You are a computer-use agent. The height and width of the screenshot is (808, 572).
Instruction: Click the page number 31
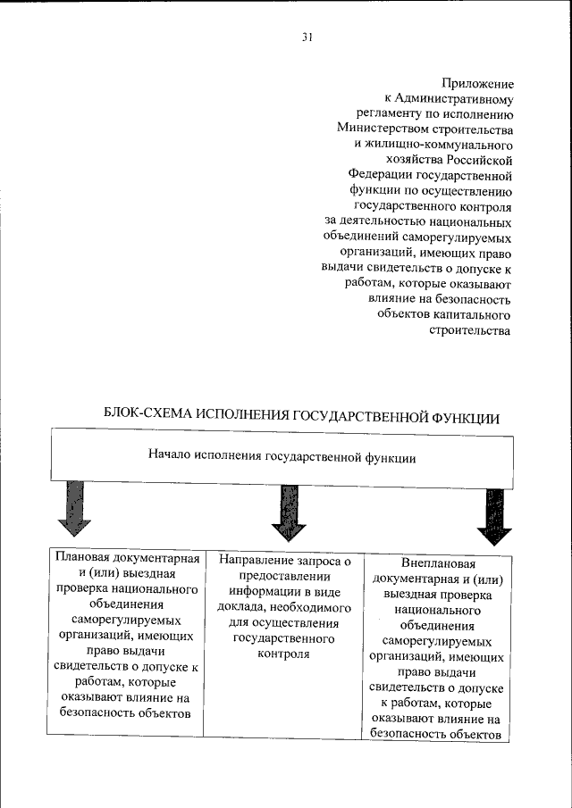click(x=307, y=37)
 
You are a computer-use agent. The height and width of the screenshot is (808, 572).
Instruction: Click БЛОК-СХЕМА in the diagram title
click(x=148, y=416)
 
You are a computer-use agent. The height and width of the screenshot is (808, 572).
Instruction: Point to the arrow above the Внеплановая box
click(x=494, y=516)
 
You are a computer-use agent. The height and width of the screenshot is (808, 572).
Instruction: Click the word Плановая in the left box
click(x=83, y=558)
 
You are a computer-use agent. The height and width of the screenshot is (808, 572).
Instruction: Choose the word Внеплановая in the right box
click(x=437, y=563)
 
